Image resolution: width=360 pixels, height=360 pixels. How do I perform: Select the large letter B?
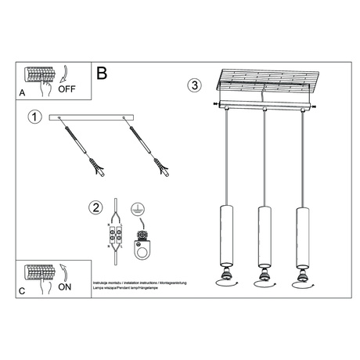102,74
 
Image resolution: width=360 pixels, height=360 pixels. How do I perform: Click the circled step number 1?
34,117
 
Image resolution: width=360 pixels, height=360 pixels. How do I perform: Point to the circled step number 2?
95,207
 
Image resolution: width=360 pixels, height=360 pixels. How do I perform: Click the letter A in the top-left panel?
21,92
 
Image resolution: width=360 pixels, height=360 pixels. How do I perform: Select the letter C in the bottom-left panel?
21,290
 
